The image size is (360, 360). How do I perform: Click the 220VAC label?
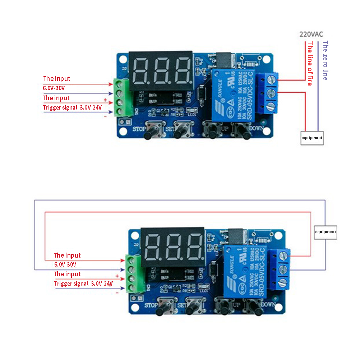(311, 34)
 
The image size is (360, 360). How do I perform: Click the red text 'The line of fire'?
(310, 63)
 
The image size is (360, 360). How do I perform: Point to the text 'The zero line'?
(325, 60)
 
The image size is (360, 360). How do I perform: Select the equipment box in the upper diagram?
(312, 138)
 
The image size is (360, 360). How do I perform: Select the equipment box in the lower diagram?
(325, 232)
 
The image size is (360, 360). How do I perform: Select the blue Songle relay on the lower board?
(246, 272)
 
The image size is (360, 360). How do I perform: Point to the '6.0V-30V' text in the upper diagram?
(54, 88)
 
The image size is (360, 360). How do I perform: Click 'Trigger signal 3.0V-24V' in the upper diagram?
(72, 107)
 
